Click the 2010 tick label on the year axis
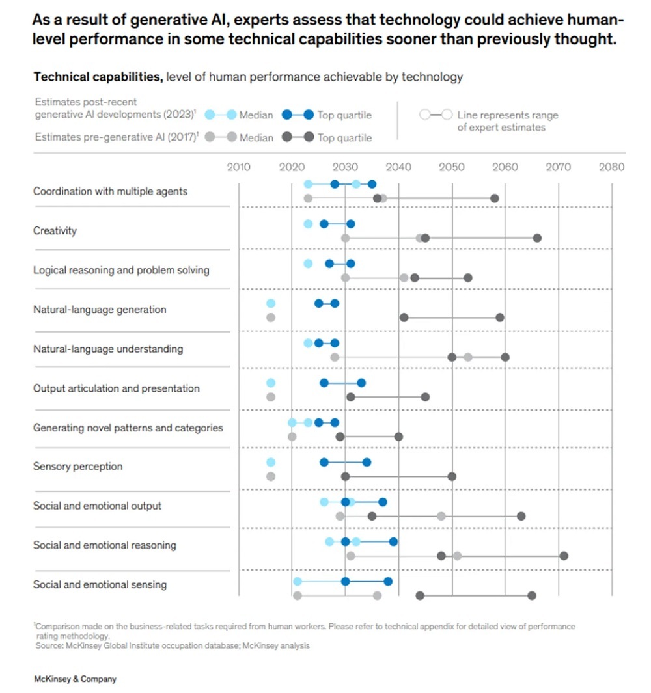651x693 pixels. point(238,167)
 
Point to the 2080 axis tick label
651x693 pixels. point(611,167)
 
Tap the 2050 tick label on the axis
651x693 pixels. point(452,167)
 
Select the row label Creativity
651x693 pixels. point(55,230)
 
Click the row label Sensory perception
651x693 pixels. point(77,466)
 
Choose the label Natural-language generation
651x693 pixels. point(100,309)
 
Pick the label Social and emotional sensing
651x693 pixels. point(100,584)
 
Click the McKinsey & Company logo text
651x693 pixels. point(75,679)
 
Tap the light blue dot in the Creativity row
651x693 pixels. point(308,224)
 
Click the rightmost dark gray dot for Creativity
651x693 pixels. point(537,238)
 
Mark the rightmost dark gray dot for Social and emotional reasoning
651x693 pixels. point(564,556)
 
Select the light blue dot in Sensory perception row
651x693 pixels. point(271,462)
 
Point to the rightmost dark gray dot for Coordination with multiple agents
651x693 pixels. point(495,198)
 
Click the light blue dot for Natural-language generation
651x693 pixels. point(271,303)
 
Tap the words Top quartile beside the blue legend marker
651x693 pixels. point(344,115)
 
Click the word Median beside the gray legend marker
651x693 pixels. point(256,137)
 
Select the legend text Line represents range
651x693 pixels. point(508,115)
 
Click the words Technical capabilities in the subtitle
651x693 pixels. point(98,77)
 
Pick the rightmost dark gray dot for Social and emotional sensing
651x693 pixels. point(532,595)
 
